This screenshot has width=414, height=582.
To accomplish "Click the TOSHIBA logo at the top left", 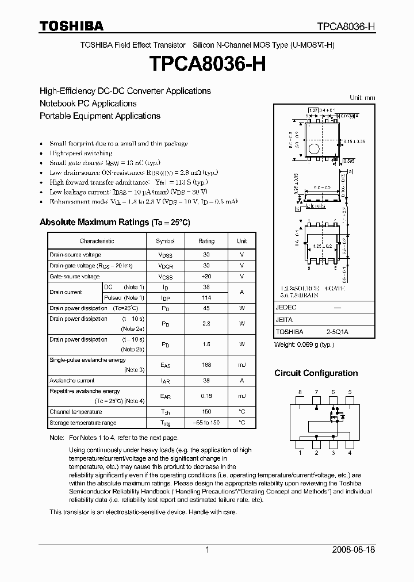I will point(71,26).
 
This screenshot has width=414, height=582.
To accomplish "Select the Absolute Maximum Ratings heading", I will point(114,222).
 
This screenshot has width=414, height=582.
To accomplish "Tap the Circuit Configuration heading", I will point(316,373).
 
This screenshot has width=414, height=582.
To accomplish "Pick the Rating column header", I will point(206,241).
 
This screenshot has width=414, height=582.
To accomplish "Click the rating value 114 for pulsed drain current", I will point(206,297).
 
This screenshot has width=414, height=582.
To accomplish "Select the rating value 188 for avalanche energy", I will point(206,365).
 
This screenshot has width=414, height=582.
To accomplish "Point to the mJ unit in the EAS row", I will point(241,365).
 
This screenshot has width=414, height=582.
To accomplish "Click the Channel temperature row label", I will point(75,412).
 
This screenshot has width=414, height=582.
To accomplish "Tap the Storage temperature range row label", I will point(83,423).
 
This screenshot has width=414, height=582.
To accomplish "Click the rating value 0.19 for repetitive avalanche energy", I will point(206,396).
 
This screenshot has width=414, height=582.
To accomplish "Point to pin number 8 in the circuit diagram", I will point(300,392).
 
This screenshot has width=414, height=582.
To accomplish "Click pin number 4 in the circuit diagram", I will point(350,453).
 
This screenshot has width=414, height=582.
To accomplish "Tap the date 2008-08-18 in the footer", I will point(353,550).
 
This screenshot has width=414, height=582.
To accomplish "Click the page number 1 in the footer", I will point(207,550).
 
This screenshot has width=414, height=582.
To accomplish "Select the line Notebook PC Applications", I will point(88,104).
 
